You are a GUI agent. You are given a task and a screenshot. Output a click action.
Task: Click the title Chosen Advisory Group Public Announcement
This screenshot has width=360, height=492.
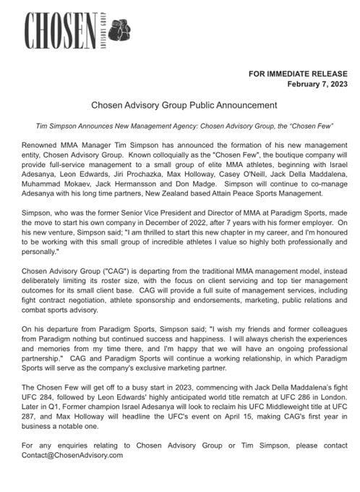pos(179,105)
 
